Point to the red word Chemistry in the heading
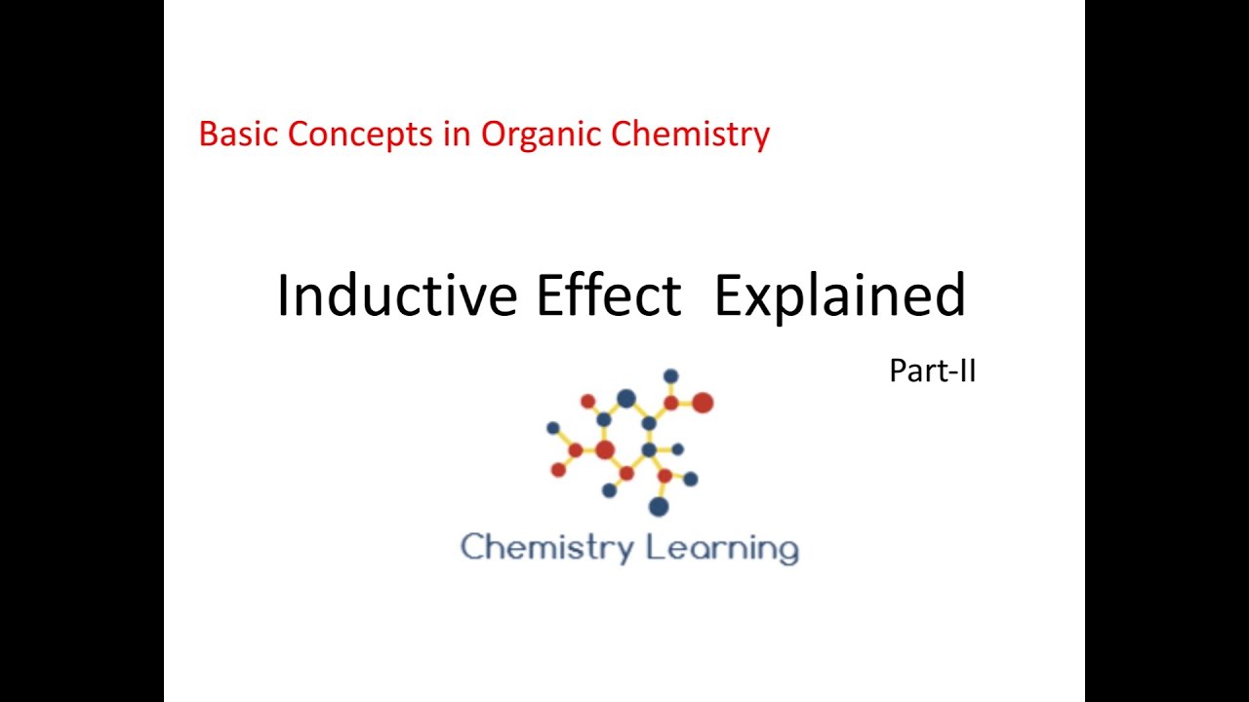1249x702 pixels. [691, 134]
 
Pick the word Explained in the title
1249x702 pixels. [839, 295]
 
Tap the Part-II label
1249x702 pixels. [932, 371]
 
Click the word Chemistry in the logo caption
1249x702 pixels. [546, 548]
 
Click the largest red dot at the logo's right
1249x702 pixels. [703, 403]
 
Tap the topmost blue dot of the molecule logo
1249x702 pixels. [670, 376]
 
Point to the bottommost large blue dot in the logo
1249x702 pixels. [659, 506]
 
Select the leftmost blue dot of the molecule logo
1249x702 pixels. [553, 428]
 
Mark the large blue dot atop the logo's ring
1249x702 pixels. [626, 399]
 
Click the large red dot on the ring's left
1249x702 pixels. [605, 449]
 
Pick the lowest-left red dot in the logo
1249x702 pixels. [558, 470]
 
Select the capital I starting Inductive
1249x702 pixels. [283, 295]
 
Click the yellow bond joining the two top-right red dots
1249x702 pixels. [686, 403]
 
